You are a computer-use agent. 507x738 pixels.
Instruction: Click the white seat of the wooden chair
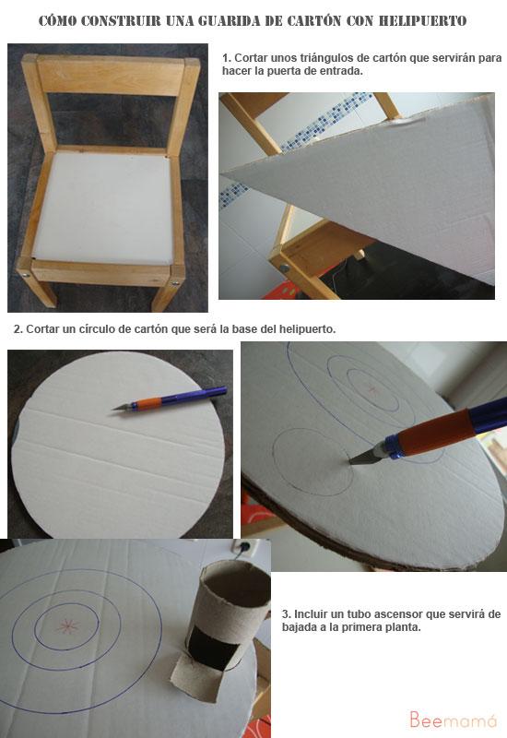104,208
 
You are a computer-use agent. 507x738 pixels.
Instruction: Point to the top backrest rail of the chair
110,76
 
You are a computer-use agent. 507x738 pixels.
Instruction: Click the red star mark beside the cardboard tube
68,626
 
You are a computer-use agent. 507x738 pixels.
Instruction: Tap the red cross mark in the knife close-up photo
373,389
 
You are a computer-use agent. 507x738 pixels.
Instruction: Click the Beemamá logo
453,720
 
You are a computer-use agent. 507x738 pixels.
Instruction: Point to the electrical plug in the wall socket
242,547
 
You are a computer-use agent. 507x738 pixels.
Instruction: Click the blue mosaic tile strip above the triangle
296,141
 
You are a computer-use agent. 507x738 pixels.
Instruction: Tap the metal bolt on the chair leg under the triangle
285,268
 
